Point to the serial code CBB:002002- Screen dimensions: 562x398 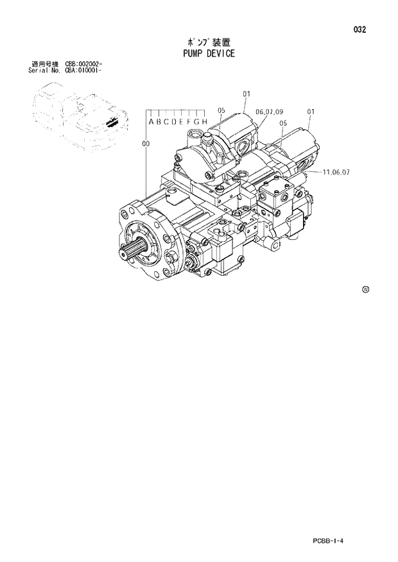coord(83,64)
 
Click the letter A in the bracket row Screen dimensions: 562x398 coord(151,122)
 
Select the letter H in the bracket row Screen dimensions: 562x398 coord(205,122)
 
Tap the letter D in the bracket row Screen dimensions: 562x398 coord(174,122)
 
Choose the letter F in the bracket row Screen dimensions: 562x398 coord(190,122)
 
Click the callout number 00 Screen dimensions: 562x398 coord(146,144)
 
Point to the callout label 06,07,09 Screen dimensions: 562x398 coord(269,112)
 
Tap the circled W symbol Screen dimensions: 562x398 coord(365,290)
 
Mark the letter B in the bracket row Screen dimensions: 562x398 coord(159,122)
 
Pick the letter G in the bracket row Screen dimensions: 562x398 coord(198,122)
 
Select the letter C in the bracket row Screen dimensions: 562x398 coord(166,122)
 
